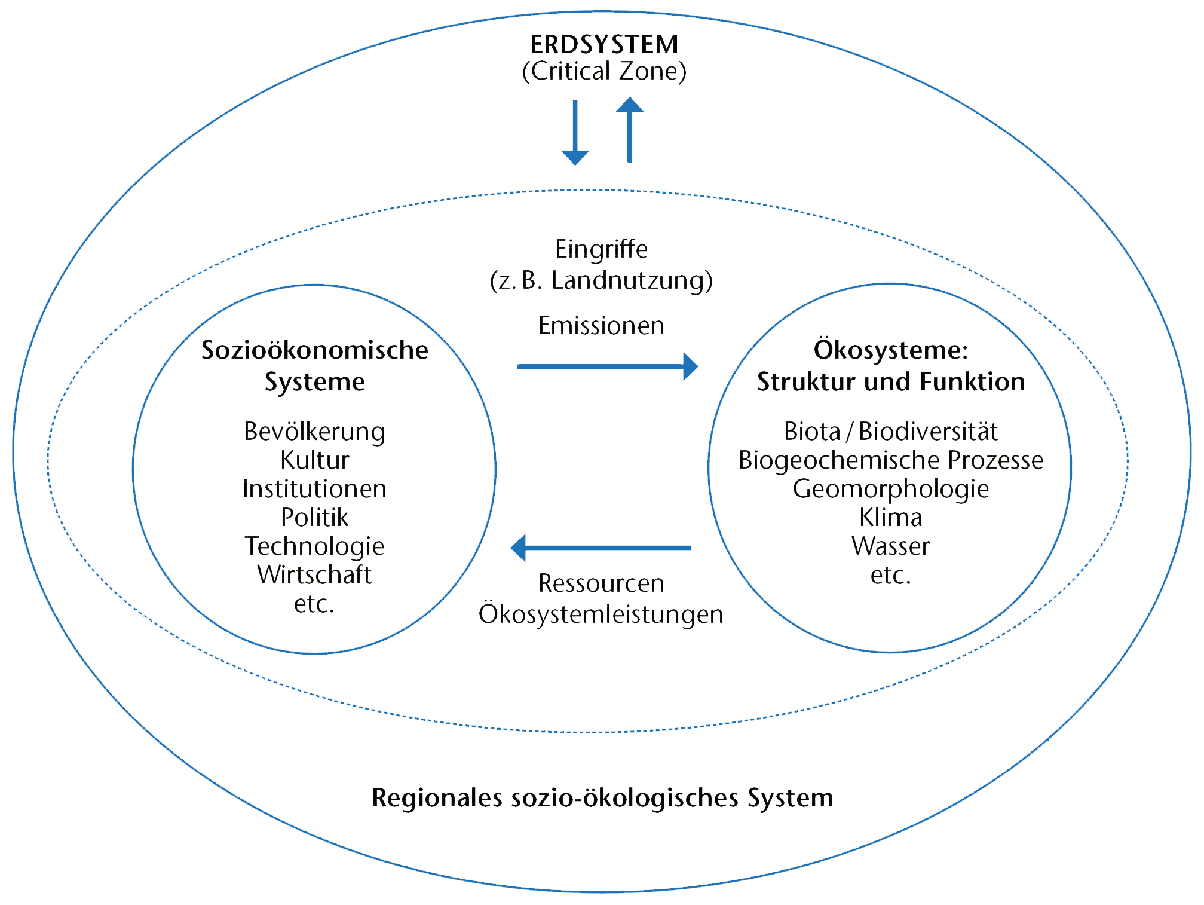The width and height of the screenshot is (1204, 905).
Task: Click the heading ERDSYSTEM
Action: tap(604, 45)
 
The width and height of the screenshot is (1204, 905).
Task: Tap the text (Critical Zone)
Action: tap(604, 71)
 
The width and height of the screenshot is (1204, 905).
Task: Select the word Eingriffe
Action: tap(601, 249)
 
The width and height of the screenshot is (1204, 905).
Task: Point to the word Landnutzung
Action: tap(631, 280)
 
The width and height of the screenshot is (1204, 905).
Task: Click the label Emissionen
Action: tap(601, 326)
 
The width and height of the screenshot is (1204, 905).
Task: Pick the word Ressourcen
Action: tap(601, 583)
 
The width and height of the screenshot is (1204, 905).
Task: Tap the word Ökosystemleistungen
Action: tap(601, 614)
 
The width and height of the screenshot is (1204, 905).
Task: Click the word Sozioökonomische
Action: tap(315, 350)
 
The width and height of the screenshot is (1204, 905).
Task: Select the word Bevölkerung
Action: tap(314, 432)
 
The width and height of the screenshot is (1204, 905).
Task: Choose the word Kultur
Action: tap(314, 460)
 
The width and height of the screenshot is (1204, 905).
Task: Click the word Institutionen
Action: tap(314, 489)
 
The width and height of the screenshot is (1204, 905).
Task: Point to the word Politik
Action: tap(314, 518)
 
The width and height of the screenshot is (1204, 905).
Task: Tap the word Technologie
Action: tap(314, 546)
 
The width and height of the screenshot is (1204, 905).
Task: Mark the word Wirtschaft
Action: tap(314, 575)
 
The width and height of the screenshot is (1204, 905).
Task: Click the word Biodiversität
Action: tap(928, 432)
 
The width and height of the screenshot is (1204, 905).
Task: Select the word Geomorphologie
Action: tap(890, 489)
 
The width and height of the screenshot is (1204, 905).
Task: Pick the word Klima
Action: tap(890, 518)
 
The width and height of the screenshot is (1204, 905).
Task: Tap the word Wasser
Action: tap(890, 546)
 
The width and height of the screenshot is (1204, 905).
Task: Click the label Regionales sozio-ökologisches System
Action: tap(602, 798)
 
